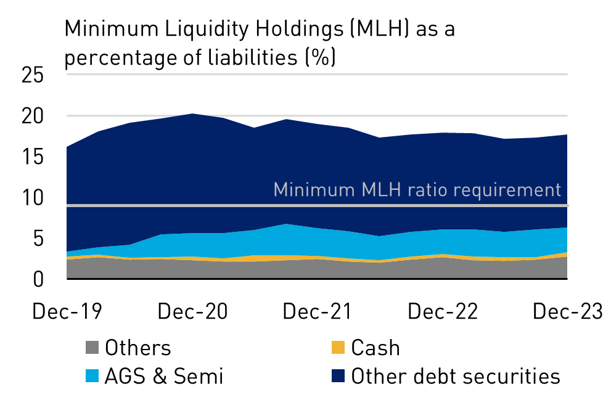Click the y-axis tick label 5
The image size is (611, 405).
[x=39, y=238]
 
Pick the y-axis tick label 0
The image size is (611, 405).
[x=39, y=279]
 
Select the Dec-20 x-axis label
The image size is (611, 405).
[x=192, y=312]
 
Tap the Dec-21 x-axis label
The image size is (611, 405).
[x=318, y=312]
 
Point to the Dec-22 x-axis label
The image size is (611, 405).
[x=443, y=312]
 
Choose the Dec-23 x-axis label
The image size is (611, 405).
[x=567, y=312]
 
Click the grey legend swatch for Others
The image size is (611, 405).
[x=92, y=348]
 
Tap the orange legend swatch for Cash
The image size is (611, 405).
[x=337, y=348]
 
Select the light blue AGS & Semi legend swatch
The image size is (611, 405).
[x=92, y=375]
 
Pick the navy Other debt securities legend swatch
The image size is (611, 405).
[x=337, y=375]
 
